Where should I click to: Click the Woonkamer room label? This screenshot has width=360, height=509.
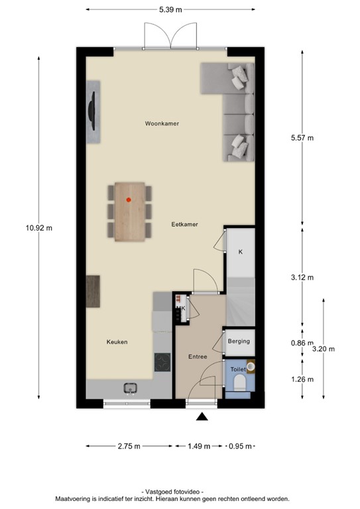tap(162, 124)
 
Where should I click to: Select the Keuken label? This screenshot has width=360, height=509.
tap(117, 342)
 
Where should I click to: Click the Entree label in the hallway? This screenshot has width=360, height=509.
tap(198, 357)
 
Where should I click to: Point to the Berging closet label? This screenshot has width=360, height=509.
tap(239, 341)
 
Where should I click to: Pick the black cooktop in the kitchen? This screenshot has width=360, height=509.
tap(162, 362)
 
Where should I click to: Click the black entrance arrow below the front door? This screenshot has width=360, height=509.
tap(202, 416)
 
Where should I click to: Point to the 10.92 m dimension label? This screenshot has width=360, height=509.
tap(39, 227)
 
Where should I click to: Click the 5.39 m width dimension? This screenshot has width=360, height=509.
tap(170, 10)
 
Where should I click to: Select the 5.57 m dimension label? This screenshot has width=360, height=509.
tap(302, 138)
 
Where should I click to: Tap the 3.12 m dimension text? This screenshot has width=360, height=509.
tap(302, 277)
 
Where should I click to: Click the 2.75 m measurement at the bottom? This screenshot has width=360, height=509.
tap(128, 446)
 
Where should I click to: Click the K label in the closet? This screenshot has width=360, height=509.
tap(240, 252)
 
